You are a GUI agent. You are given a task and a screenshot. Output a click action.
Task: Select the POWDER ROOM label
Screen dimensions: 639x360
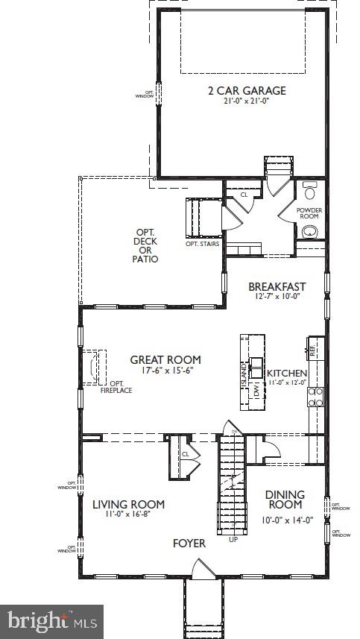(309, 215)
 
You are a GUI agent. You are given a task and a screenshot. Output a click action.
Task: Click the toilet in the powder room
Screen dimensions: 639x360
(310, 186)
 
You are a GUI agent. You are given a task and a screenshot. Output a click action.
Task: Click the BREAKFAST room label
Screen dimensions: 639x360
(277, 286)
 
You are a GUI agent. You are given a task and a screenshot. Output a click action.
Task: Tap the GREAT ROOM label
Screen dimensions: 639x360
(165, 359)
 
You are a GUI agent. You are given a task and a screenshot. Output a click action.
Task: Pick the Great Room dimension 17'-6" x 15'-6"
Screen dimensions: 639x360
(165, 371)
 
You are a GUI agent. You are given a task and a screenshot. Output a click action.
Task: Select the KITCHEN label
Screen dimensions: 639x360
(287, 372)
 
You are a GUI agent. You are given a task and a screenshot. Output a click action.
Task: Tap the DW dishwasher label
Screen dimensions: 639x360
(256, 390)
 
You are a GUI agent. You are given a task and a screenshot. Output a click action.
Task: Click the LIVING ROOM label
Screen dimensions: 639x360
(128, 504)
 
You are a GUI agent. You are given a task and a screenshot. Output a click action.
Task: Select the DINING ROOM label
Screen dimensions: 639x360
(285, 500)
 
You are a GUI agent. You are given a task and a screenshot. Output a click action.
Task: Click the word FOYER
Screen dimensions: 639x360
(189, 544)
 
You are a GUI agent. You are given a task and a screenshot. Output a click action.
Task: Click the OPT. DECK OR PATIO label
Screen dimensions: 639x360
(146, 246)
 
